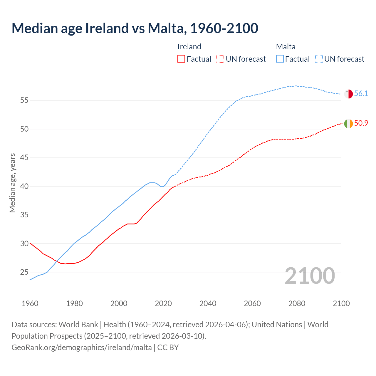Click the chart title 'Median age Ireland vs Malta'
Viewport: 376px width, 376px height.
(x=135, y=28)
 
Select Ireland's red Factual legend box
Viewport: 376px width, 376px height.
(x=181, y=59)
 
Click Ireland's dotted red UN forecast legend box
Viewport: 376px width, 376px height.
(x=220, y=59)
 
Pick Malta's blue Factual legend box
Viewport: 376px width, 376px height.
(x=280, y=59)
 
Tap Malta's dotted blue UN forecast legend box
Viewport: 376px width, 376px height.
(x=319, y=59)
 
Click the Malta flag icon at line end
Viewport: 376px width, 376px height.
(x=348, y=94)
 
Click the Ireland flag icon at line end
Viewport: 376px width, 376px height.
(x=348, y=124)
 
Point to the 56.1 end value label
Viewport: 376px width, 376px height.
(x=361, y=94)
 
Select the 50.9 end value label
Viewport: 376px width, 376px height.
(x=361, y=123)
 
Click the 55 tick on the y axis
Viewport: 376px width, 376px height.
(x=24, y=100)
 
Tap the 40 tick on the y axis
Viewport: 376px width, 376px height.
(x=24, y=187)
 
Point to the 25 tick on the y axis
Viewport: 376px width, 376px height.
(x=24, y=272)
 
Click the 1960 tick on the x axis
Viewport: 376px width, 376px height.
(x=30, y=303)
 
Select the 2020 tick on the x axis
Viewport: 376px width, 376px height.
(x=163, y=303)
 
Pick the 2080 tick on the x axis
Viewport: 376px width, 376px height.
(x=297, y=303)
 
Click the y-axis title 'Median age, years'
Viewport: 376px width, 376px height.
(x=12, y=183)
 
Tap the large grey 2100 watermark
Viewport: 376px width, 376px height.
(x=310, y=276)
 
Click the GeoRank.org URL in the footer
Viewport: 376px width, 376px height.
(x=82, y=348)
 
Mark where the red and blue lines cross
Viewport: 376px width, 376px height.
(x=56, y=261)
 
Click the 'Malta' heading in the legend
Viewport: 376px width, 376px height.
(x=286, y=47)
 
